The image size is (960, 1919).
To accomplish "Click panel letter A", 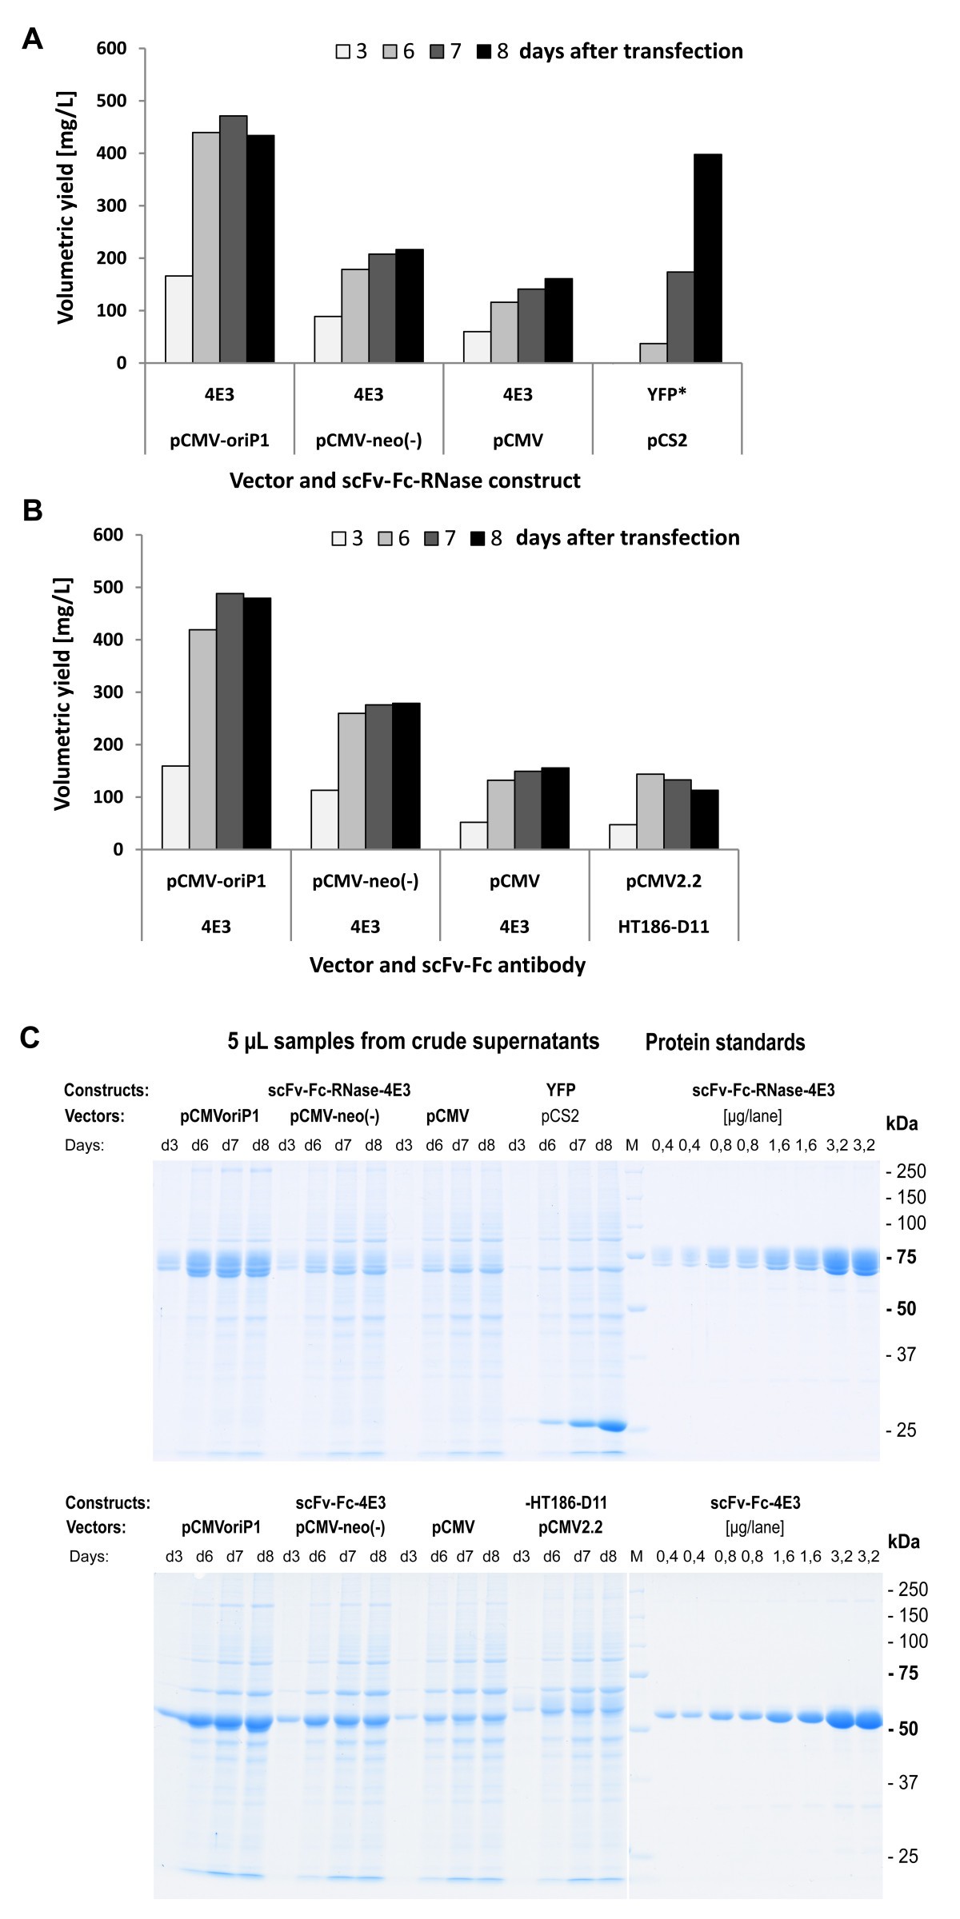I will tap(32, 38).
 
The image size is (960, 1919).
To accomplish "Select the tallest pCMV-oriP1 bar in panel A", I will tap(233, 239).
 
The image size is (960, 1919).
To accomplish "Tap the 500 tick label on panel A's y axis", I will tap(111, 101).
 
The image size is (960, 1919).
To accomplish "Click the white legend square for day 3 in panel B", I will tap(339, 539).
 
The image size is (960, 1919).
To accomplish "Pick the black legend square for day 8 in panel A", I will tap(483, 52).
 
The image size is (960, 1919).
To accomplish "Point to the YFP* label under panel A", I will tap(666, 394).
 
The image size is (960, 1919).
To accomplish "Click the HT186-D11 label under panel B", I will tap(663, 927).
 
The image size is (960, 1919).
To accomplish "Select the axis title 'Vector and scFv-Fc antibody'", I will tap(447, 965).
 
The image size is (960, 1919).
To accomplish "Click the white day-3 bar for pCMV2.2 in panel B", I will tap(622, 836).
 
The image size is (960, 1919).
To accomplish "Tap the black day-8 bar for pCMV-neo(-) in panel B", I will tap(406, 776).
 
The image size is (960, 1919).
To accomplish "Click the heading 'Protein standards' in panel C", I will tap(725, 1043).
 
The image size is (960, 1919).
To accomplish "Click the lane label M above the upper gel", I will tap(632, 1145).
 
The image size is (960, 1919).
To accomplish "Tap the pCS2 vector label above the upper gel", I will tap(559, 1116).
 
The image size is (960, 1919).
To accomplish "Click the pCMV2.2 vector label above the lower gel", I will tap(570, 1528).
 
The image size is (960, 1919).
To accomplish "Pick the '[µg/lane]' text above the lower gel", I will tap(754, 1528).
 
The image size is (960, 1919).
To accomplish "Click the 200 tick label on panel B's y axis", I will tap(108, 744).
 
